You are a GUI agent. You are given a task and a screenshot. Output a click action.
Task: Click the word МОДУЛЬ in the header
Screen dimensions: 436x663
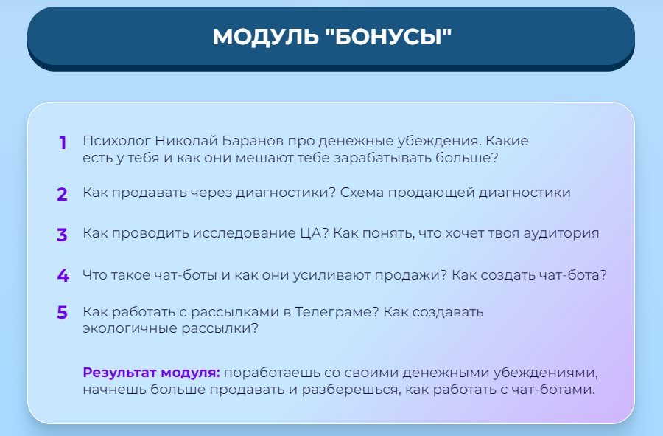265,37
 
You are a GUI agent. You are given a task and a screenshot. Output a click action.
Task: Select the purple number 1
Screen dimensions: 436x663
63,142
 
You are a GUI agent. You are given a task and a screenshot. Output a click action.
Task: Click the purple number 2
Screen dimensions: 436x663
63,195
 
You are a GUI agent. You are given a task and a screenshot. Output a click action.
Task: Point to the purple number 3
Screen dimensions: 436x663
63,235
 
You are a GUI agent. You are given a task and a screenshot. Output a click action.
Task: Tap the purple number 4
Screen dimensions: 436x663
63,276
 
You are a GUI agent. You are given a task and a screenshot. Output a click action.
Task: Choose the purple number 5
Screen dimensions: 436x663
63,313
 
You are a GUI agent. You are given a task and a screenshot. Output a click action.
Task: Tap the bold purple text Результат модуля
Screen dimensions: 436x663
152,373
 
